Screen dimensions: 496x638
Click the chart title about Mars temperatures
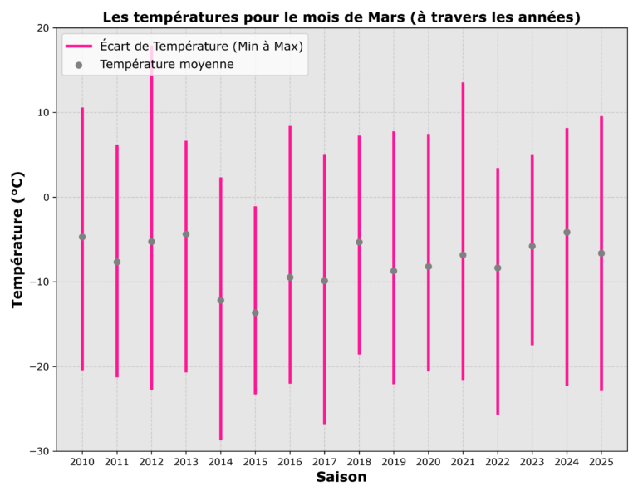341,17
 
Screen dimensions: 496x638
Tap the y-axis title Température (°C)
18,240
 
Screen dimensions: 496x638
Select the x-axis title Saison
341,478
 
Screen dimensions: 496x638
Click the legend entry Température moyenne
166,64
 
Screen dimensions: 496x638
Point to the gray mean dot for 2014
220,300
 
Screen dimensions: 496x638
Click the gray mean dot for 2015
255,312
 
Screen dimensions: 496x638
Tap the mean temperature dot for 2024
567,232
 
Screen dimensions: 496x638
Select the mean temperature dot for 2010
82,237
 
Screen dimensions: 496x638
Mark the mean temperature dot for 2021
463,255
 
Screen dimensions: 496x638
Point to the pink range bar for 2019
394,332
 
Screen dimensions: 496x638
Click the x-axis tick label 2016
289,461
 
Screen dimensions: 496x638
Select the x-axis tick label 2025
601,461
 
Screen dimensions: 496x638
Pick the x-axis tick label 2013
185,461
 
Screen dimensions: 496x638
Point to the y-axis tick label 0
47,198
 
